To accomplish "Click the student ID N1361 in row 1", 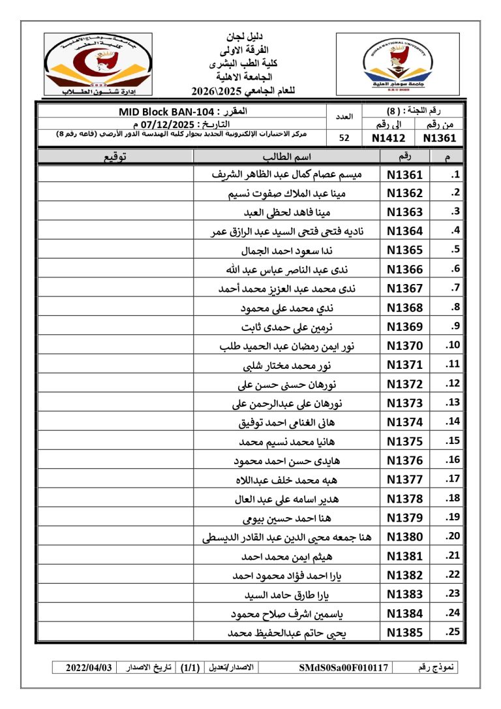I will click(x=404, y=174).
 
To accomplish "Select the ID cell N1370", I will click(x=404, y=345).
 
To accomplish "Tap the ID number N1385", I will click(x=404, y=632).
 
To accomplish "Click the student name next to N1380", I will click(x=287, y=537).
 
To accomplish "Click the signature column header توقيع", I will click(x=115, y=157).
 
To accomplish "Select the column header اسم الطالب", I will click(x=286, y=157).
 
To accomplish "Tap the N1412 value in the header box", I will click(x=388, y=138).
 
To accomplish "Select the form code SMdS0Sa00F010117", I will click(x=344, y=668).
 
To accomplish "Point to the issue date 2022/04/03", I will click(x=89, y=668).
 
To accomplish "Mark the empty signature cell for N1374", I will click(x=115, y=422).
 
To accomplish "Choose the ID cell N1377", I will click(x=404, y=479).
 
